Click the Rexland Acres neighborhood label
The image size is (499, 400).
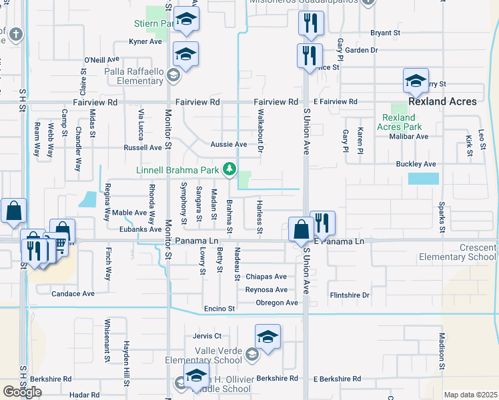442,102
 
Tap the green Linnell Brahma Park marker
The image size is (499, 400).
229,169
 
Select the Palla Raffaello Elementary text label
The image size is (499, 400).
133,76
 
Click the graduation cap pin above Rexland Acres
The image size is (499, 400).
416,82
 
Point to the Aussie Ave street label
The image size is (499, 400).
229,145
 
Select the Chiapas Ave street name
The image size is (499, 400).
266,277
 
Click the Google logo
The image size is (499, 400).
22,392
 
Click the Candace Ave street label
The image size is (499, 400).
73,293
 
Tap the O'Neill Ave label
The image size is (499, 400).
101,59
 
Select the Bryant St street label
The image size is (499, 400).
385,32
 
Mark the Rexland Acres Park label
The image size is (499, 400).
400,122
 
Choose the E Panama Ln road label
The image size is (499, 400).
340,241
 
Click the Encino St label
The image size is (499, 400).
220,309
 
